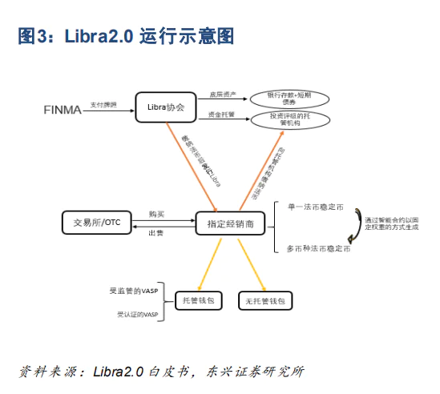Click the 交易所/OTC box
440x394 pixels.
click(x=95, y=222)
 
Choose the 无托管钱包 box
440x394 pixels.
click(x=264, y=301)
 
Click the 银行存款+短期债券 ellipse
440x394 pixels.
click(x=292, y=98)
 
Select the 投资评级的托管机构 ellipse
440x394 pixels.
click(x=292, y=121)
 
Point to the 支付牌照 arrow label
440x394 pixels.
click(x=103, y=103)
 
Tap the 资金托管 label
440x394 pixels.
click(x=220, y=115)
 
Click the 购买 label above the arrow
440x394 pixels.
click(x=156, y=214)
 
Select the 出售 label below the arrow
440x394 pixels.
click(x=156, y=232)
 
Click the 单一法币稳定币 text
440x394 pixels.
click(x=317, y=207)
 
